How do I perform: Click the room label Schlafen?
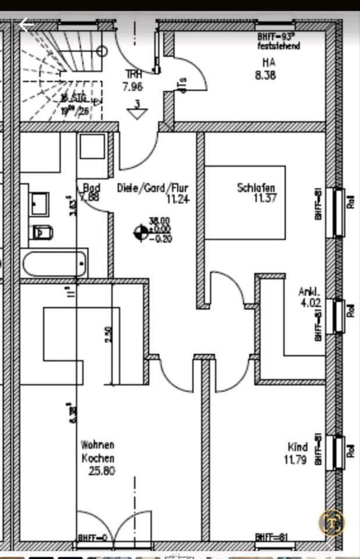click(256, 187)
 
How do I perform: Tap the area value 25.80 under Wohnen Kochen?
click(101, 470)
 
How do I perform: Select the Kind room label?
click(297, 447)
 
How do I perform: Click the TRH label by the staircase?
click(133, 75)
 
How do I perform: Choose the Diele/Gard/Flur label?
click(153, 188)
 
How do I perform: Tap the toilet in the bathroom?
click(42, 232)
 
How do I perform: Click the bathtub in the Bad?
click(55, 263)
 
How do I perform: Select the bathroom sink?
click(40, 204)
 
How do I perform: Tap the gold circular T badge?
click(332, 522)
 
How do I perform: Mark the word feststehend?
click(279, 46)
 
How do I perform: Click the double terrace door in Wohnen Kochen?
click(114, 527)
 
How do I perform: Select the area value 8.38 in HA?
click(266, 75)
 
